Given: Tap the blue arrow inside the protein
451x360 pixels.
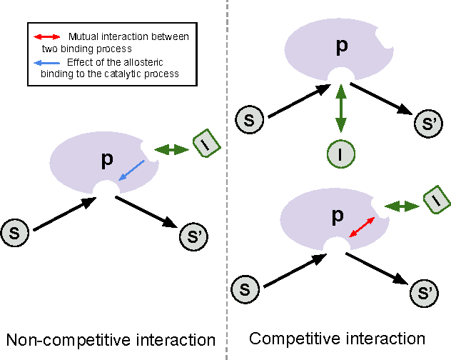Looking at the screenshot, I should [132, 171].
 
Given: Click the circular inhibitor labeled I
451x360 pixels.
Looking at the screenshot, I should [340, 152].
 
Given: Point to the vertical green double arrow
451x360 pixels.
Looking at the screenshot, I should [340, 109].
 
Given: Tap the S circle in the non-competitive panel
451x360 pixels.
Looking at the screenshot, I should [15, 233].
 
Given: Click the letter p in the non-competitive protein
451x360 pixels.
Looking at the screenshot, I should [107, 159].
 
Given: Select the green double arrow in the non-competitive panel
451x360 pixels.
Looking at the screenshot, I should [171, 149].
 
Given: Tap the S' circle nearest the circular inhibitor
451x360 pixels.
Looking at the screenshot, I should [427, 124].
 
